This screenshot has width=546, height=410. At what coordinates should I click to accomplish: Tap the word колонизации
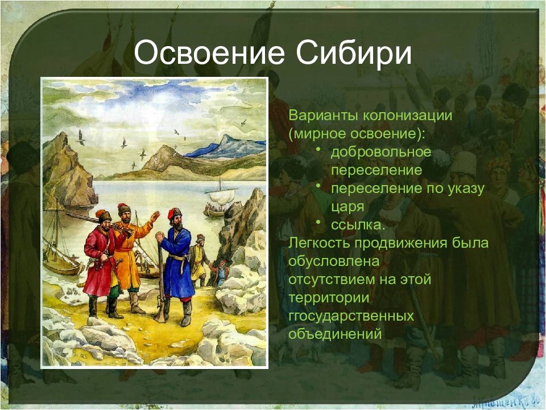tap(408, 116)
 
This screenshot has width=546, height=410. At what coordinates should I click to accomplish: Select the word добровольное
tap(381, 153)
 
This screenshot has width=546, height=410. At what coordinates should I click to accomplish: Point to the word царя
tap(348, 207)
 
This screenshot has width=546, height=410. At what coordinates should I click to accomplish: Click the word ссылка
tap(358, 225)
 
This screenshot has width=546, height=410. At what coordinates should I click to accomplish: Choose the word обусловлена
tap(334, 261)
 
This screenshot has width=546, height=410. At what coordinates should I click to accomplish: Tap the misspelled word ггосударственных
tap(351, 316)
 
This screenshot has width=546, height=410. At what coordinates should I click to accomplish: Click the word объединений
tap(335, 334)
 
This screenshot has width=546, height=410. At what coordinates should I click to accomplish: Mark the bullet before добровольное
tap(318, 149)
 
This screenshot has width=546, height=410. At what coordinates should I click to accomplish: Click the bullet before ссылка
tap(318, 222)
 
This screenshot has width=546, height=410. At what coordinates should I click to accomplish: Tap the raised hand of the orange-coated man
tap(155, 216)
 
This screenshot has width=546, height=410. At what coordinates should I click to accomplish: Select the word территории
tap(329, 298)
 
